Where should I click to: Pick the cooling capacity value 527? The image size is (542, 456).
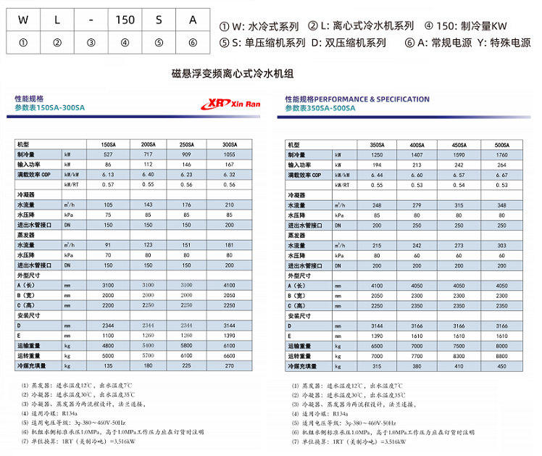(x=108, y=155)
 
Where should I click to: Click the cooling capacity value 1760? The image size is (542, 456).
(x=501, y=155)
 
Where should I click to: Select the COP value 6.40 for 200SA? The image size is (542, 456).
(x=149, y=175)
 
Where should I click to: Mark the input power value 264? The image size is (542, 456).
(x=501, y=165)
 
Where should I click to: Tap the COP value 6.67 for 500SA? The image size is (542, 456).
(x=501, y=175)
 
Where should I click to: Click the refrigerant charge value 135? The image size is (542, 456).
(x=108, y=366)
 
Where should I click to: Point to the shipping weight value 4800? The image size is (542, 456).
(x=108, y=347)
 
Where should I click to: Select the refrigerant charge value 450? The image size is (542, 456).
(x=501, y=367)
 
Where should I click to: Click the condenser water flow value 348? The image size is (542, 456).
(x=501, y=206)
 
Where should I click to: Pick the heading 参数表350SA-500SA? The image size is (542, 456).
(x=320, y=108)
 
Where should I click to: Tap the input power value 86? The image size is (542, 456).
(x=108, y=165)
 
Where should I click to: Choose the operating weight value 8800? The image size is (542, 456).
(x=501, y=357)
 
